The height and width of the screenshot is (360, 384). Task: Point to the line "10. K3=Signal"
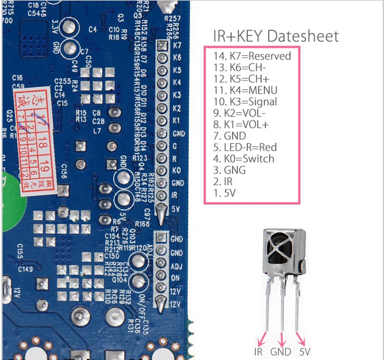tap(245, 101)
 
